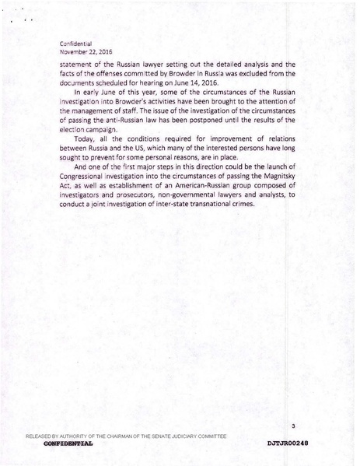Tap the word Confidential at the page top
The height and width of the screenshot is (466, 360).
[x=82, y=43]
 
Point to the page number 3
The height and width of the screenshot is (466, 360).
[x=292, y=425]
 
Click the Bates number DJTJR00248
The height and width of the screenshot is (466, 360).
[x=287, y=443]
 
